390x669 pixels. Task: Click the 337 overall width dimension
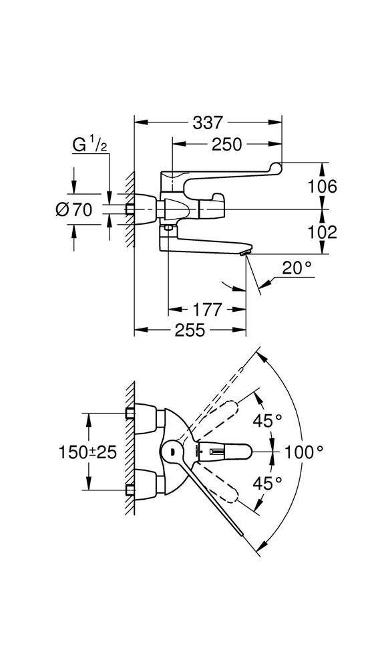207,123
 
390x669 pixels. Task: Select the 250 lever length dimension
226,145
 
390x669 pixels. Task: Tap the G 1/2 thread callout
90,145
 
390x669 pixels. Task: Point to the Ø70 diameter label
74,209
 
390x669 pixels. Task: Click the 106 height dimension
323,187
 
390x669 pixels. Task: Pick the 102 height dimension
323,232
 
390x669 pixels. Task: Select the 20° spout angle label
297,268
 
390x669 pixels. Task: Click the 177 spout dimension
207,309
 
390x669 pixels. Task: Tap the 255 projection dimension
190,330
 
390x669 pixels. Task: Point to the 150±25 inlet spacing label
87,452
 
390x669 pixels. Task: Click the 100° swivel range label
305,452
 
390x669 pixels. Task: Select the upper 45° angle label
268,421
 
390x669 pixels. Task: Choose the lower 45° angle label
268,484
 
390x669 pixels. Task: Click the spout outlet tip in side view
244,254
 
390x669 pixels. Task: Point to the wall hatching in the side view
130,209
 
